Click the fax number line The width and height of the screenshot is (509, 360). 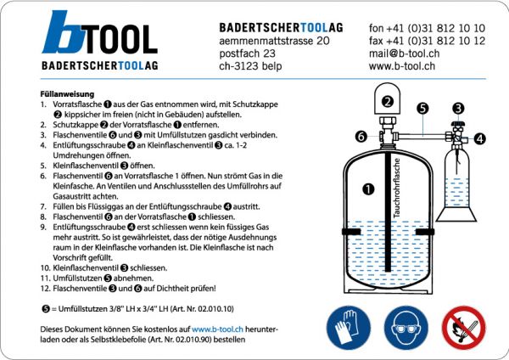[427, 40]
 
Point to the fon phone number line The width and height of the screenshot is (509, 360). [427, 27]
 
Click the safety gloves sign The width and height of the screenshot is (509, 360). [348, 328]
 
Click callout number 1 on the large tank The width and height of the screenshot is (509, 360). [367, 190]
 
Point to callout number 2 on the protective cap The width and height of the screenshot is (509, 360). [389, 102]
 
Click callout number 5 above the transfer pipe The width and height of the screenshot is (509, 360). [423, 109]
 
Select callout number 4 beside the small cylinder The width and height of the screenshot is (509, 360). [479, 138]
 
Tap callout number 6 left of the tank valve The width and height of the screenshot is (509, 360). [361, 136]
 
